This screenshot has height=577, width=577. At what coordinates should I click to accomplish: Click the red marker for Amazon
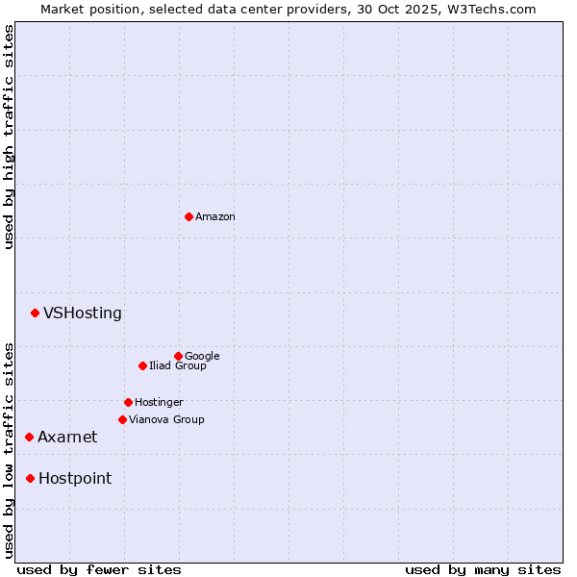tap(188, 216)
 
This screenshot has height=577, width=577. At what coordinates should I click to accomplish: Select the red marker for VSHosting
tap(35, 313)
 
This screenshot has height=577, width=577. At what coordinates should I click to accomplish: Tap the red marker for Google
tap(178, 356)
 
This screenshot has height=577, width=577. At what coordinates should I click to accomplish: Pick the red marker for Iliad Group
tap(142, 365)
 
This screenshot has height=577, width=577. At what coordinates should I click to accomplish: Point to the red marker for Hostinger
tap(128, 402)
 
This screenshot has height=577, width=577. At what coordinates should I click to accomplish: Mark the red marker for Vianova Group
tap(122, 419)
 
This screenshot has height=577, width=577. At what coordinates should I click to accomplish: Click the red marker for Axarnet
tap(29, 437)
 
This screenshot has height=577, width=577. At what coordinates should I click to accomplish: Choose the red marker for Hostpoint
tap(30, 478)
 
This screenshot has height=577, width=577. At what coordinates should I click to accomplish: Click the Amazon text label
tap(215, 217)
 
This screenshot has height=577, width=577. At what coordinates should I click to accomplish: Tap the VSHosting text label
tap(83, 313)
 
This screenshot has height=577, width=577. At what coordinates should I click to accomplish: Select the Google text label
tap(202, 356)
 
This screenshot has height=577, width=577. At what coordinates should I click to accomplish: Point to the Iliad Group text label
tap(178, 365)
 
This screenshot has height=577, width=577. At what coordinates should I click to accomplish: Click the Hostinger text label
tap(159, 402)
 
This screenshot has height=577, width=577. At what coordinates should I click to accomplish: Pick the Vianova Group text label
tap(166, 419)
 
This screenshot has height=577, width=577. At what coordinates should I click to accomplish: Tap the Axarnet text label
tap(67, 437)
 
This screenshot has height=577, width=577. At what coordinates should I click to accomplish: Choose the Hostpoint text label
tap(75, 478)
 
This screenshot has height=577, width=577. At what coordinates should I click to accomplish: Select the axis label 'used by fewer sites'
tap(99, 569)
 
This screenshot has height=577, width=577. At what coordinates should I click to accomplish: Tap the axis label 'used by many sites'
tap(483, 569)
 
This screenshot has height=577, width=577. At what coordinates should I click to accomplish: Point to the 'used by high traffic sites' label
tap(9, 137)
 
